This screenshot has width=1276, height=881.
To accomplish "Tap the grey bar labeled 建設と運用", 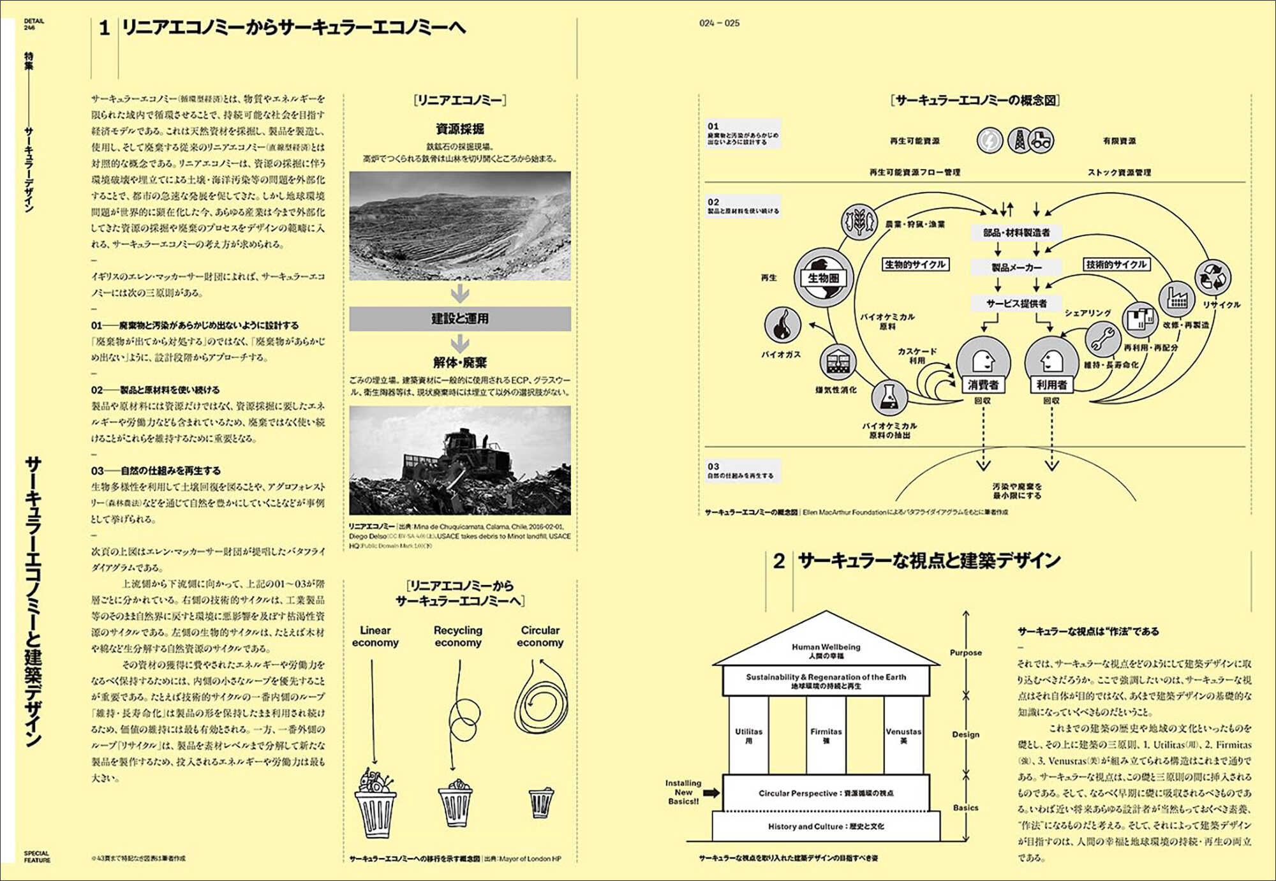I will pos(460,318).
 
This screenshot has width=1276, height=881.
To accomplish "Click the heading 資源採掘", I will pos(460,129).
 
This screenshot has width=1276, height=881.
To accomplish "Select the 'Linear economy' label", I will pos(375,636).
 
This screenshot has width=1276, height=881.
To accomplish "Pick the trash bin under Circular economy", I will pos(541,803).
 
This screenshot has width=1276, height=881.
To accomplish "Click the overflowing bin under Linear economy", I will pos(375,804).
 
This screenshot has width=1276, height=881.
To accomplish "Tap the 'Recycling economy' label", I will pos(458,636).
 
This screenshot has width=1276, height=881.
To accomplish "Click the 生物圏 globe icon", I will pos(823,278).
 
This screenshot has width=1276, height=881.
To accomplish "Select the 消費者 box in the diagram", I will pos(983,385).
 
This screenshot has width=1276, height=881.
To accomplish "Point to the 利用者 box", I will pos(1051,385).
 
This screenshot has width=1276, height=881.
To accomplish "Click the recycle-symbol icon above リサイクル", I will pos(1212,278).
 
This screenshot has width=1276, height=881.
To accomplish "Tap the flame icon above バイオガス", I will pos(782,325).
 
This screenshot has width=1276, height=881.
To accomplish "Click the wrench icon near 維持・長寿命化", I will pos(1102,338).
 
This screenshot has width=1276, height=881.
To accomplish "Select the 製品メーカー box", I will pos(1017,267).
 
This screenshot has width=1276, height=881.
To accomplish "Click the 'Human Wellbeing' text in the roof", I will pos(826,647).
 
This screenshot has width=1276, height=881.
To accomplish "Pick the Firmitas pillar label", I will pos(826,732).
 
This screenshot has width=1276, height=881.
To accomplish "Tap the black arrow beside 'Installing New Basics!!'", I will pos(711,792).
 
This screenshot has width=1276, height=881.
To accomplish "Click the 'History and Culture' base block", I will pos(826,826).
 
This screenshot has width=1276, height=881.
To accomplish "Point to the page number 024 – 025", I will pos(719,23).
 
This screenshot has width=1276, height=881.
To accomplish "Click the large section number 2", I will pos(778,561).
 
